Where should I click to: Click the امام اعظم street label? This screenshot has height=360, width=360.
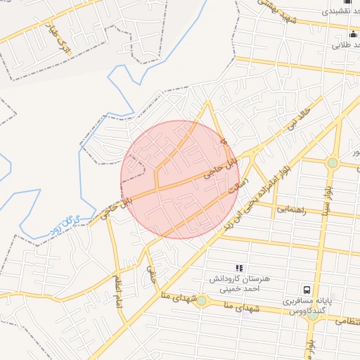(x=119, y=287)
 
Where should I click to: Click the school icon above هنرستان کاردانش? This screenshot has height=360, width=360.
(x=239, y=267)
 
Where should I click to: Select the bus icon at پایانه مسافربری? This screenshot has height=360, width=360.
(x=307, y=289)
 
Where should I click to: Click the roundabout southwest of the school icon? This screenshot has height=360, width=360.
(x=202, y=301)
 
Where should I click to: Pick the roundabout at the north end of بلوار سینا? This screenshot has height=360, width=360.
(x=333, y=163)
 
